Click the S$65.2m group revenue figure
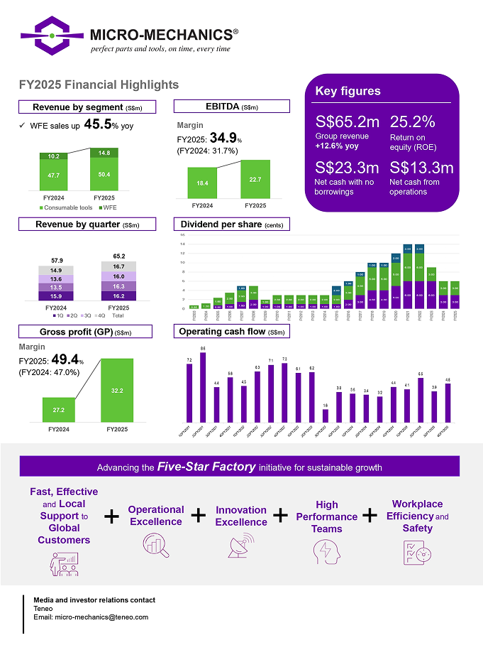coord(347,121)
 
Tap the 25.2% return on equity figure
coord(412,121)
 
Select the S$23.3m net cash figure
coord(347,168)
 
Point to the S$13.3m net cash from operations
coord(421,168)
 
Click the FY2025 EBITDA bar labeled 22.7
coord(255,180)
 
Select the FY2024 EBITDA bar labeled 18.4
coord(202,183)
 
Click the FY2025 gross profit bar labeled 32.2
coord(118,389)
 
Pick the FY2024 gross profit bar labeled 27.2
coord(59,408)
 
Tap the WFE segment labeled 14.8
coord(104,153)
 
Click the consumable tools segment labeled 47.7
coord(54,175)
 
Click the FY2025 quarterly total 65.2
coord(119,256)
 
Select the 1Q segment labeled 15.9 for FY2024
coord(55,296)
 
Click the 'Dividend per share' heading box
coord(231,224)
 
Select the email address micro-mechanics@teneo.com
coord(101,617)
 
